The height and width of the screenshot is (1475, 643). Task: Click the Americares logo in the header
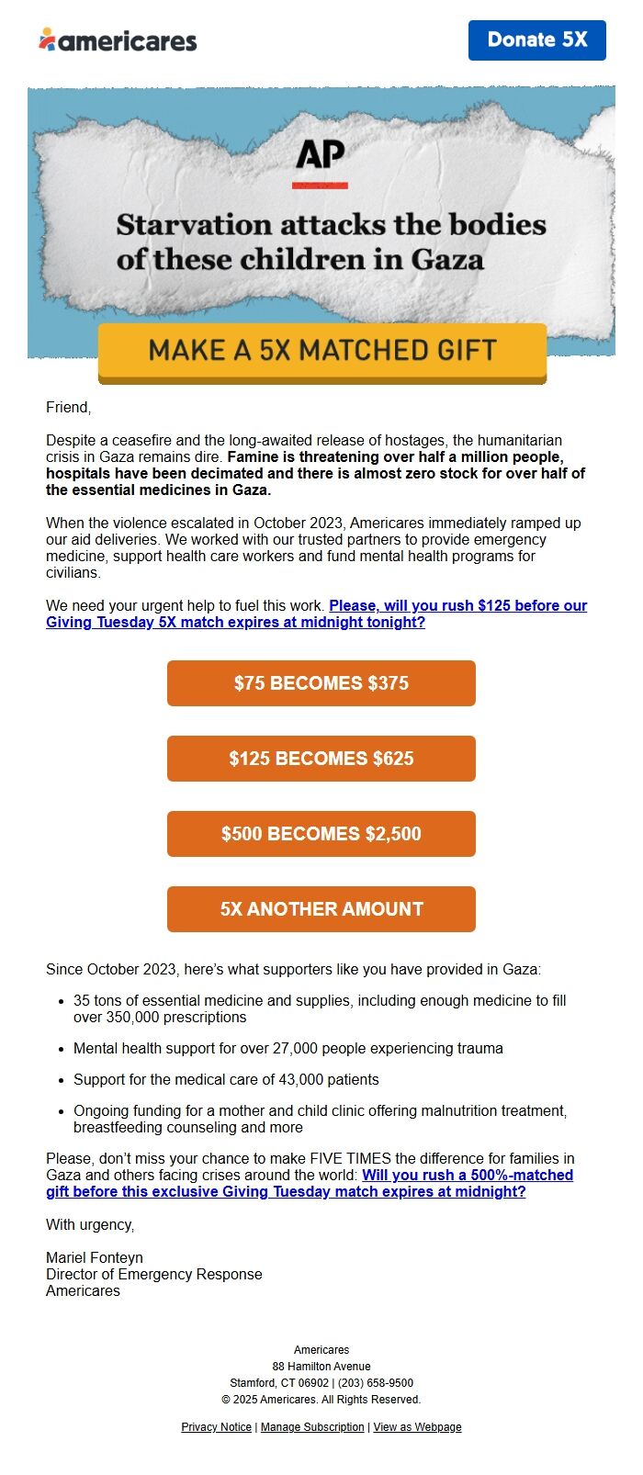[118, 40]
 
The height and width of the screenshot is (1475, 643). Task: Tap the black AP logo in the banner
[320, 157]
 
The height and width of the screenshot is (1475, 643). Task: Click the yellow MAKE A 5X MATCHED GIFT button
[322, 351]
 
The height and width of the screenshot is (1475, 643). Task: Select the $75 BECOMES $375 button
[321, 683]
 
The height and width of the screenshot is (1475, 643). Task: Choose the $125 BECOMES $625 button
[321, 759]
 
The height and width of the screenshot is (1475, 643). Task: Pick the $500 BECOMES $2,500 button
[321, 834]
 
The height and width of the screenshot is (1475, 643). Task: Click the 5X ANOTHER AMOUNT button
[321, 909]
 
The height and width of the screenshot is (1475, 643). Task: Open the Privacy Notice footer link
[216, 1427]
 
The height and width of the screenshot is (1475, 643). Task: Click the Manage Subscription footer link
[312, 1427]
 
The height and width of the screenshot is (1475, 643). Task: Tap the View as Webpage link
[417, 1427]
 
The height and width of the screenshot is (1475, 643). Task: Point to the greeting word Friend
[68, 408]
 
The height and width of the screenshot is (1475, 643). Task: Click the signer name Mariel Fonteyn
[95, 1258]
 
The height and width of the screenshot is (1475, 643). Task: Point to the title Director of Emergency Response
[154, 1275]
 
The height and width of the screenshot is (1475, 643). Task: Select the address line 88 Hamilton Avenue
[321, 1367]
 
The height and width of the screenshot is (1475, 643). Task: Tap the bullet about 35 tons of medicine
[320, 1009]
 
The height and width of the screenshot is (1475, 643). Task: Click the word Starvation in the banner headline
[194, 225]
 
